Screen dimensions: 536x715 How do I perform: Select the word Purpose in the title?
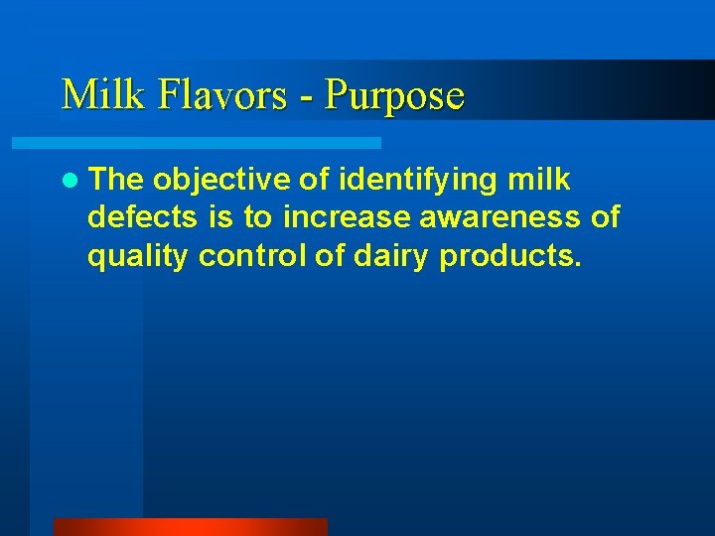point(395,95)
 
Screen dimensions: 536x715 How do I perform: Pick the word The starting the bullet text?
point(116,180)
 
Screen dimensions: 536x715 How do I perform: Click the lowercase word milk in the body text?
point(538,180)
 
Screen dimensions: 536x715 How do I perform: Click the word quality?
point(139,257)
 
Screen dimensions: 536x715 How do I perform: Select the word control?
point(252,255)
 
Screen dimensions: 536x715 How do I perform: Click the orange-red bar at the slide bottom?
point(190,527)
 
